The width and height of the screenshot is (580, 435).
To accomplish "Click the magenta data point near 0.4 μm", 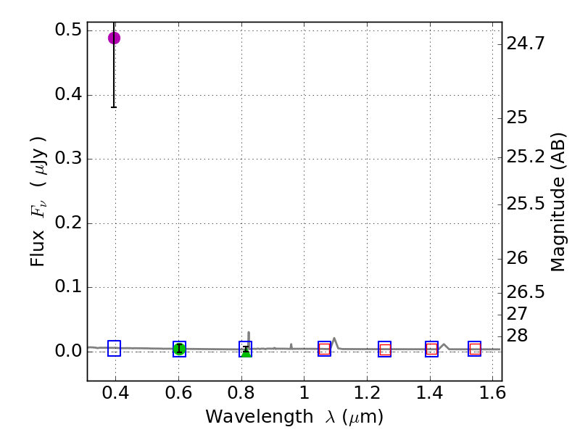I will [x=114, y=38].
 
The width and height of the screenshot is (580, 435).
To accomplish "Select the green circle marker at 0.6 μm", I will [x=179, y=349].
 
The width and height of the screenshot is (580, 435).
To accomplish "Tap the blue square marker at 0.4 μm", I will [x=114, y=348].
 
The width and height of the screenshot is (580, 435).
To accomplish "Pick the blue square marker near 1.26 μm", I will [x=384, y=349].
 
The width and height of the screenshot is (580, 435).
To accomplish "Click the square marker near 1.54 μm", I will [x=475, y=349].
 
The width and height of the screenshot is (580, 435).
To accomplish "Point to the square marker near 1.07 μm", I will [x=324, y=349].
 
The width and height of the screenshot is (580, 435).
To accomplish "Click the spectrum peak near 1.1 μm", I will [x=334, y=338].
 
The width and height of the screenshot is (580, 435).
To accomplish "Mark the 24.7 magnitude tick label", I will [x=526, y=43].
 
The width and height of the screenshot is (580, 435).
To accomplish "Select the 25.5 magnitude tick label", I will [x=526, y=204].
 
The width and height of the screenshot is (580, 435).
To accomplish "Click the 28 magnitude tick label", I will [x=518, y=335].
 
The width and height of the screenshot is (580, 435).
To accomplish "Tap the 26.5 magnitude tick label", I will [x=526, y=292].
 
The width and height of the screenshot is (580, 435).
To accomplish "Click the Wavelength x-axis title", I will [x=294, y=418].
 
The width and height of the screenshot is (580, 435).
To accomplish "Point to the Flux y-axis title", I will [x=38, y=202].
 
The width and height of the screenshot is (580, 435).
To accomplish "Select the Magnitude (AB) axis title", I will [x=558, y=202].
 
